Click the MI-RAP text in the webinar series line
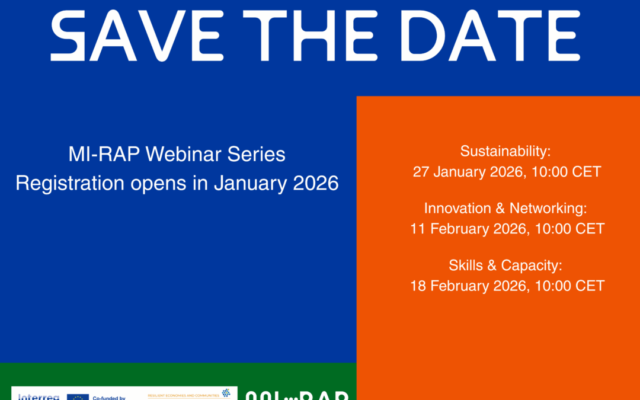104,155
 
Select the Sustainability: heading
506,151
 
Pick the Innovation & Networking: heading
505,208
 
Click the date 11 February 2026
468,229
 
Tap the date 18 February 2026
468,286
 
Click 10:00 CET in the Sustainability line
568,172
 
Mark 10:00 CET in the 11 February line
570,229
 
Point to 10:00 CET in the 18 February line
570,286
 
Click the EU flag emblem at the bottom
78,396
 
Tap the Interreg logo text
39,396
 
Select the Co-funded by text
109,398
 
